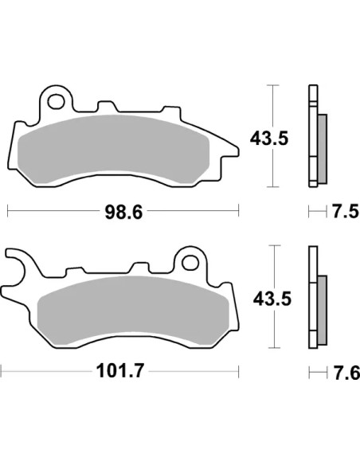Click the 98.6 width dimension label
coord(123,213)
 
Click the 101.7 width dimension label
coord(120,371)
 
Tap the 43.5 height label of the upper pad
coord(269,139)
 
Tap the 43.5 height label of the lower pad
coord(272,299)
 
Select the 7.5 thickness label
coord(345,212)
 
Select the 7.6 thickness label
coord(346,373)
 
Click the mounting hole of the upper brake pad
coord(57,101)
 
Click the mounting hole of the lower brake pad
coord(190,263)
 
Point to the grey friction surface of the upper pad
coord(114,148)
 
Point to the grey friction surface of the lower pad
coord(133,310)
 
